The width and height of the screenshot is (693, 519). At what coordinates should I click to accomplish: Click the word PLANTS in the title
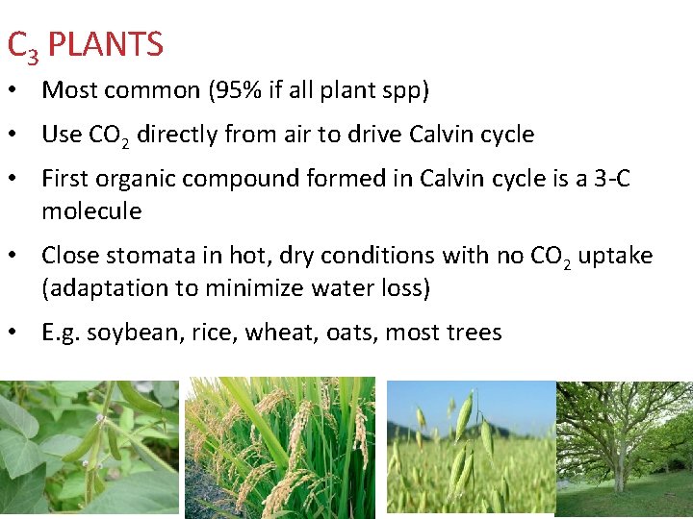[x=105, y=44]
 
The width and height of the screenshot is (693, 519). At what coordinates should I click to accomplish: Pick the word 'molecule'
[x=91, y=210]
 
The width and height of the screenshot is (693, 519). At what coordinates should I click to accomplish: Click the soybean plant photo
[x=89, y=448]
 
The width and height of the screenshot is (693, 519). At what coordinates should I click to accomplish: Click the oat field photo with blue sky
[x=471, y=448]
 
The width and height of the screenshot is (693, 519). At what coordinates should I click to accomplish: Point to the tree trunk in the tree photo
[x=618, y=461]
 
